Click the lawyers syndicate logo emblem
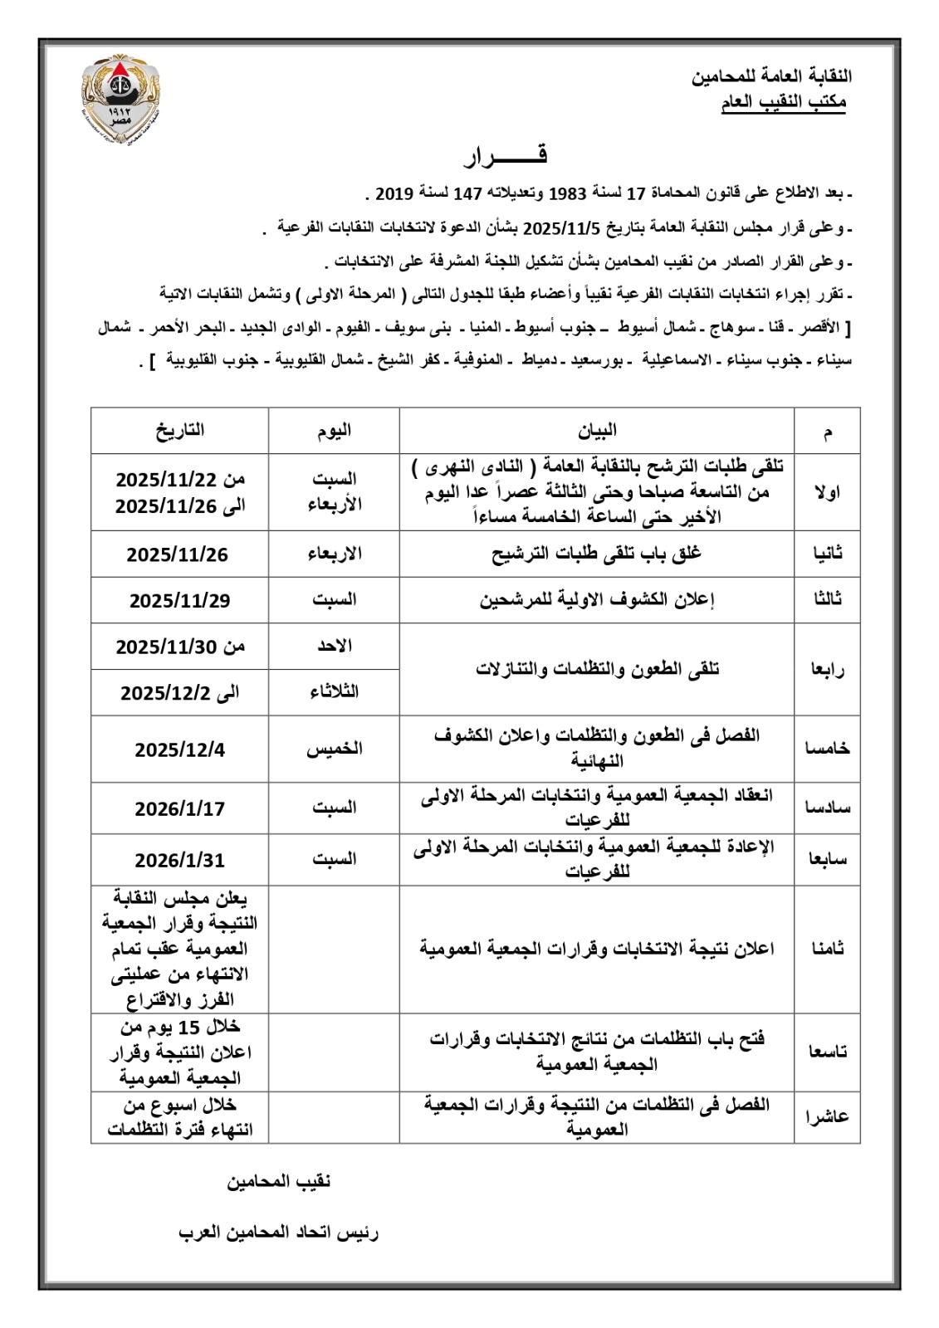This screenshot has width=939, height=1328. click(x=122, y=99)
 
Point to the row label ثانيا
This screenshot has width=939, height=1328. click(x=826, y=554)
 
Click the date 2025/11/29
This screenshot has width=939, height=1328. click(x=179, y=600)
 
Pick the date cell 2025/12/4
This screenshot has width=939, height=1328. click(x=179, y=749)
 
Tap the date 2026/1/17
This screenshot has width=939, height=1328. click(x=179, y=808)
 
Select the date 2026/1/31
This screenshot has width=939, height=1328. click(x=179, y=861)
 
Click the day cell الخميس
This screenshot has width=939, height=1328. click(x=334, y=749)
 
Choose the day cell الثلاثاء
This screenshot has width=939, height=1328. click(x=334, y=691)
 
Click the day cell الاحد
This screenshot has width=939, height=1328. click(x=334, y=646)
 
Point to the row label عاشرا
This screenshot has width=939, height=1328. click(x=826, y=1116)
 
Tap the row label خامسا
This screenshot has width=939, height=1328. click(x=826, y=749)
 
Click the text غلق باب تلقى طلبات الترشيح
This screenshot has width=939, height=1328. click(x=591, y=554)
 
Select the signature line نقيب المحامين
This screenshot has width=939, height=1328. click(x=279, y=1181)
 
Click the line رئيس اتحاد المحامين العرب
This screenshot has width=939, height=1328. click(x=279, y=1233)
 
